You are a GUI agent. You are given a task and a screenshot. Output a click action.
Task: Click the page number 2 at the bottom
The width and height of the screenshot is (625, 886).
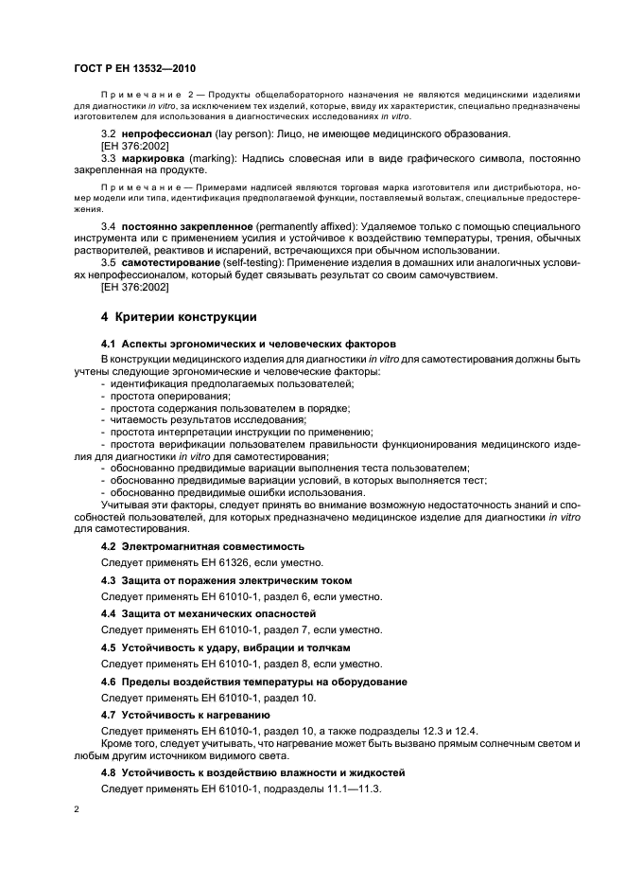[x=76, y=809]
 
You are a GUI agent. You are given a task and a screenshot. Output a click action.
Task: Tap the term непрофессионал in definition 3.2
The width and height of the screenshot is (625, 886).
[x=164, y=133]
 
